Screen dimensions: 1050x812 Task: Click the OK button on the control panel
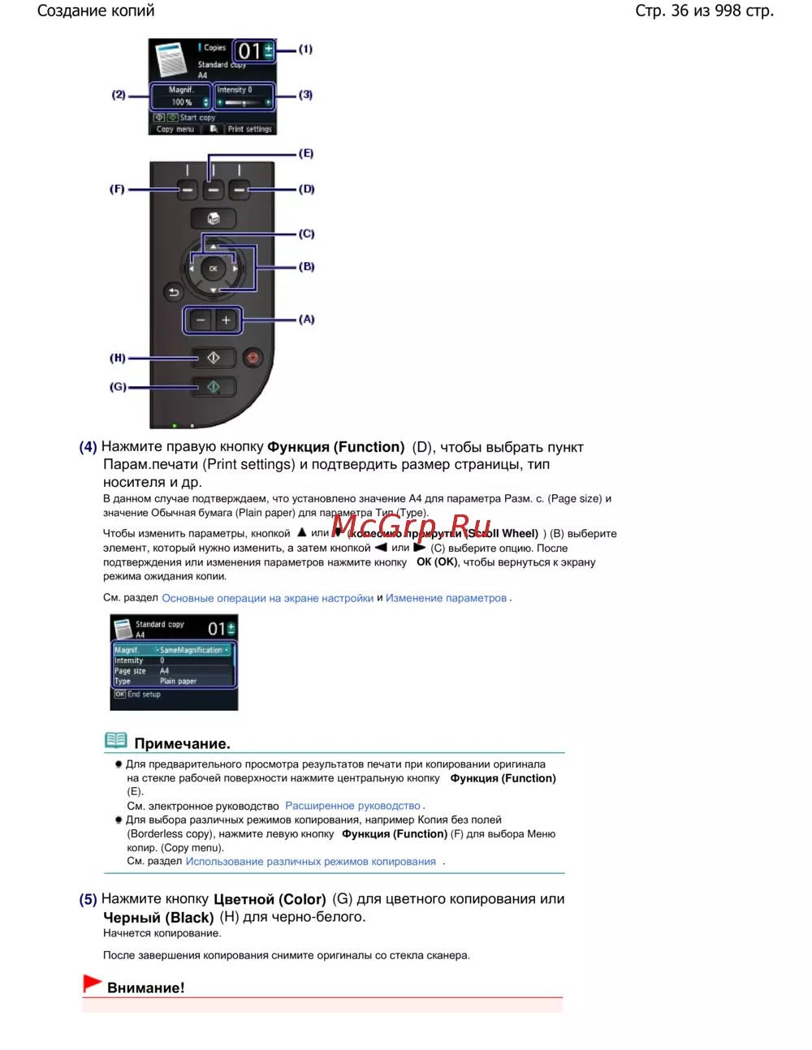(x=213, y=269)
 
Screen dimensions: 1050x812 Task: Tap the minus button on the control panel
(x=201, y=321)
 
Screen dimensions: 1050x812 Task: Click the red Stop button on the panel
(x=253, y=358)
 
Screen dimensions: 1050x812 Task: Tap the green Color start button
(x=213, y=387)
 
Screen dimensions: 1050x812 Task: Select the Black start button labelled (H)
(x=213, y=358)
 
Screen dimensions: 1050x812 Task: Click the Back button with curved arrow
(x=174, y=292)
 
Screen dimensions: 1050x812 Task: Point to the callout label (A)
(x=306, y=320)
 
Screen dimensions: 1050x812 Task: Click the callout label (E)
(x=306, y=153)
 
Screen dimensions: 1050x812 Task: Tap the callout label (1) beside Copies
(x=305, y=49)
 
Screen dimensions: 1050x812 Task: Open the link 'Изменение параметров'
(x=446, y=598)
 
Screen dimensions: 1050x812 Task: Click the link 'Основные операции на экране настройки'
(x=267, y=598)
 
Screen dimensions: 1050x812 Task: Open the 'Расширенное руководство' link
(x=352, y=806)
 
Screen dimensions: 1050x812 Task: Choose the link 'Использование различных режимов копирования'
(x=310, y=862)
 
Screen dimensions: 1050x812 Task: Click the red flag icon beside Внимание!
(x=92, y=983)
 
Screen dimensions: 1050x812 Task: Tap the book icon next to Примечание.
(x=116, y=740)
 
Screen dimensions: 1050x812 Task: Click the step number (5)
(x=88, y=899)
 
